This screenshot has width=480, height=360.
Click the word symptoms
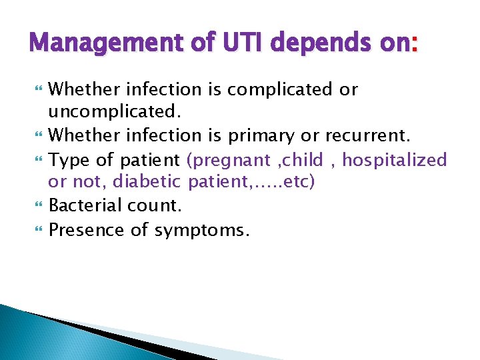[202, 231]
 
